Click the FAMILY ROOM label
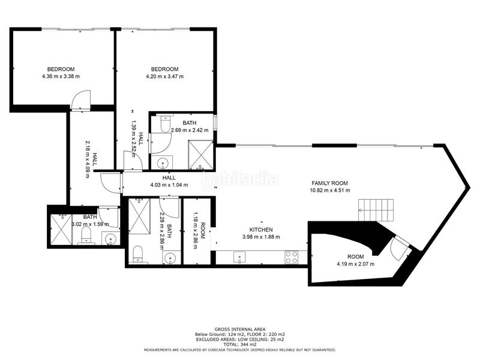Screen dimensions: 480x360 [329, 183]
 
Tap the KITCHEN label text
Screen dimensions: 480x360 [261, 230]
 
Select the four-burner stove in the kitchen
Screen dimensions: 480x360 [291, 257]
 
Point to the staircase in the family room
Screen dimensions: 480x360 [376, 210]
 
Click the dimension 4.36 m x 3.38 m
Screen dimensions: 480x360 [61, 76]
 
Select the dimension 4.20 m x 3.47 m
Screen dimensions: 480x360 [164, 76]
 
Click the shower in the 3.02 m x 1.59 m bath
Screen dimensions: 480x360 [61, 229]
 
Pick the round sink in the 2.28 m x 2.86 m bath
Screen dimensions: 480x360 [169, 258]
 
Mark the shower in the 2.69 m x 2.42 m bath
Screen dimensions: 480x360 [200, 154]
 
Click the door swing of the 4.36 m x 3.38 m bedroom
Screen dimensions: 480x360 [80, 100]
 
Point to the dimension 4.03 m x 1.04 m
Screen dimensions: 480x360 [169, 185]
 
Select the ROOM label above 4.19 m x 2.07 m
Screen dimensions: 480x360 [355, 257]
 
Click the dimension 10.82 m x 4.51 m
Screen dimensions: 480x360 [329, 190]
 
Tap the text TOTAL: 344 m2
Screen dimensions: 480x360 [240, 344]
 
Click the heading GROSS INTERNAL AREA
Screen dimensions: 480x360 [240, 329]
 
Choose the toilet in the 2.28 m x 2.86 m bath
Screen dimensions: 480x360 [138, 254]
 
